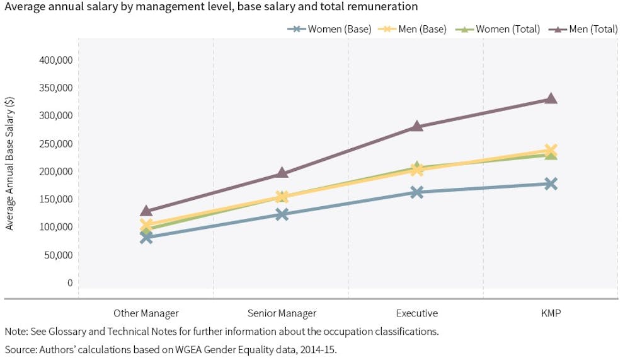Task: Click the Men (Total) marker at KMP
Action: pos(551,98)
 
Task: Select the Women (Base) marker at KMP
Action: pos(551,183)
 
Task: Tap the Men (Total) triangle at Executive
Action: pos(416,126)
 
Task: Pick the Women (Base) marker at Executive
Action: pos(416,192)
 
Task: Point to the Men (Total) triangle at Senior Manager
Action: pos(282,173)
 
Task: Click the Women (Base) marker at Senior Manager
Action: pos(282,214)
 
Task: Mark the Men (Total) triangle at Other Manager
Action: pos(146,211)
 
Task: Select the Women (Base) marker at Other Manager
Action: pos(146,237)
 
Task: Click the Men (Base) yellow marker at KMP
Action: pos(551,150)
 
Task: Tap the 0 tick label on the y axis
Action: pos(71,282)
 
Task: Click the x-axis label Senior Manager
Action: pos(282,313)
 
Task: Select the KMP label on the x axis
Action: pos(551,313)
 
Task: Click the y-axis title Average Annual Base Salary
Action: pos(10,164)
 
